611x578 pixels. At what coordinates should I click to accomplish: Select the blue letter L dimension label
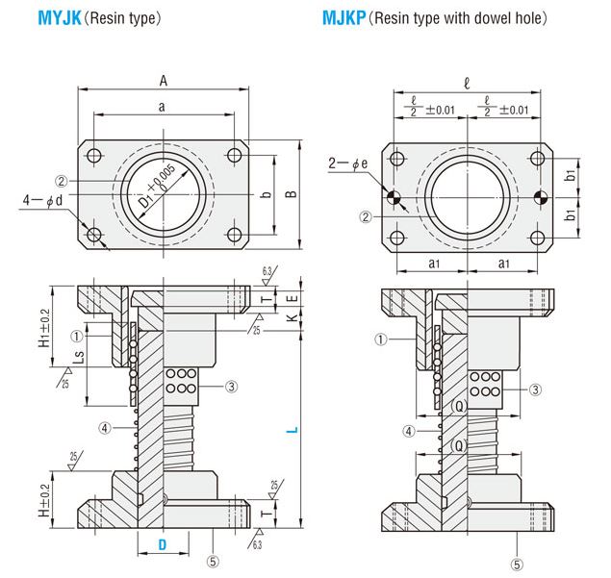293,432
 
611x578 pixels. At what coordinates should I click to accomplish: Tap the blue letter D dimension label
163,545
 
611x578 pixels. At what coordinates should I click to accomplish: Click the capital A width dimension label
165,81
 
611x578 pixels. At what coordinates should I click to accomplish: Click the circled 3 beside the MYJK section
231,387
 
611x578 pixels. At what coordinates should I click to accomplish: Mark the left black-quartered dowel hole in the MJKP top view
394,199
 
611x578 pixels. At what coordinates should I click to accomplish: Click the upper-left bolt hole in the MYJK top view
93,157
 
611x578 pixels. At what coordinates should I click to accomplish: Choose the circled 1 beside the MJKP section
381,339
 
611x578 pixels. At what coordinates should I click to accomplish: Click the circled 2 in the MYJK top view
61,180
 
